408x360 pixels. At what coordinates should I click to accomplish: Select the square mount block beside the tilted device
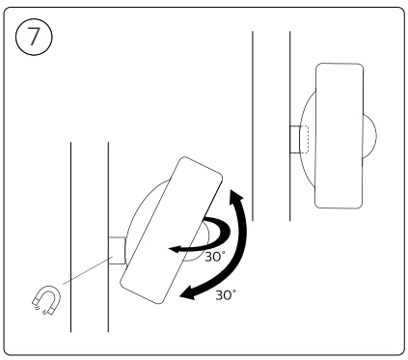click(x=116, y=250)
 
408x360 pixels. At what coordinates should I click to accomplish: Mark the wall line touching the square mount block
click(x=108, y=193)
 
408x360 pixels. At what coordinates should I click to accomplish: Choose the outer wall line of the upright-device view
click(x=253, y=97)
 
